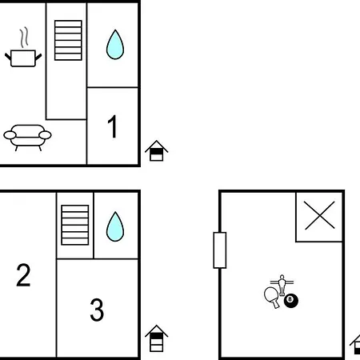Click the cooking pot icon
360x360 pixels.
(23, 58)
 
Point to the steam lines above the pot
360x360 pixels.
(24, 38)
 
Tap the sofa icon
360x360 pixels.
(27, 138)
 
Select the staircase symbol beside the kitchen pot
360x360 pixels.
(68, 40)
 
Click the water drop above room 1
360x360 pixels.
(115, 45)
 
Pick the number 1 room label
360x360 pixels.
(113, 126)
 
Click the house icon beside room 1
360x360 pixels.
(156, 150)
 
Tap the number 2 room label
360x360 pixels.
(23, 275)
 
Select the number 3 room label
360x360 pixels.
(97, 310)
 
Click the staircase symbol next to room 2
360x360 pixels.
(75, 225)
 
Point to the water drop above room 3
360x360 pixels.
(115, 226)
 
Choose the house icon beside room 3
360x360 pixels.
(156, 338)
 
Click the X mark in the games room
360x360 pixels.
(319, 215)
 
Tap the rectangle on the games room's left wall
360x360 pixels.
(220, 250)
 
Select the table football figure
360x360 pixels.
(282, 286)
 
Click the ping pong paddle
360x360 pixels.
(272, 297)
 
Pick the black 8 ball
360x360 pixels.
(291, 301)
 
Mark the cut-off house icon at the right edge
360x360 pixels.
(355, 345)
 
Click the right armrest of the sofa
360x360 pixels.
(45, 135)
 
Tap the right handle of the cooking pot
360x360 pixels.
(38, 57)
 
